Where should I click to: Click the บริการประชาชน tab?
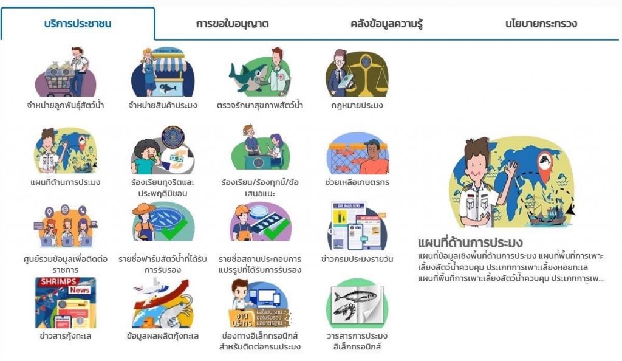[78, 24]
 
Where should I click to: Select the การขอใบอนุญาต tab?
[232, 24]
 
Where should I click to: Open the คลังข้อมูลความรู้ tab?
[386, 24]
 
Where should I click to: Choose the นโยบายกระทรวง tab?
[541, 24]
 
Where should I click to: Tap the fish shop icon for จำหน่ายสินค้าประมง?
[162, 73]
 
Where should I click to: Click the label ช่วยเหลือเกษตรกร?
[357, 182]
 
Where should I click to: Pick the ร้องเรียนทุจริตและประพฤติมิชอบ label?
[162, 187]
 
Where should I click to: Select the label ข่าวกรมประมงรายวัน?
[357, 259]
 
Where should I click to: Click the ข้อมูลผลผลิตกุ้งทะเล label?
[162, 335]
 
